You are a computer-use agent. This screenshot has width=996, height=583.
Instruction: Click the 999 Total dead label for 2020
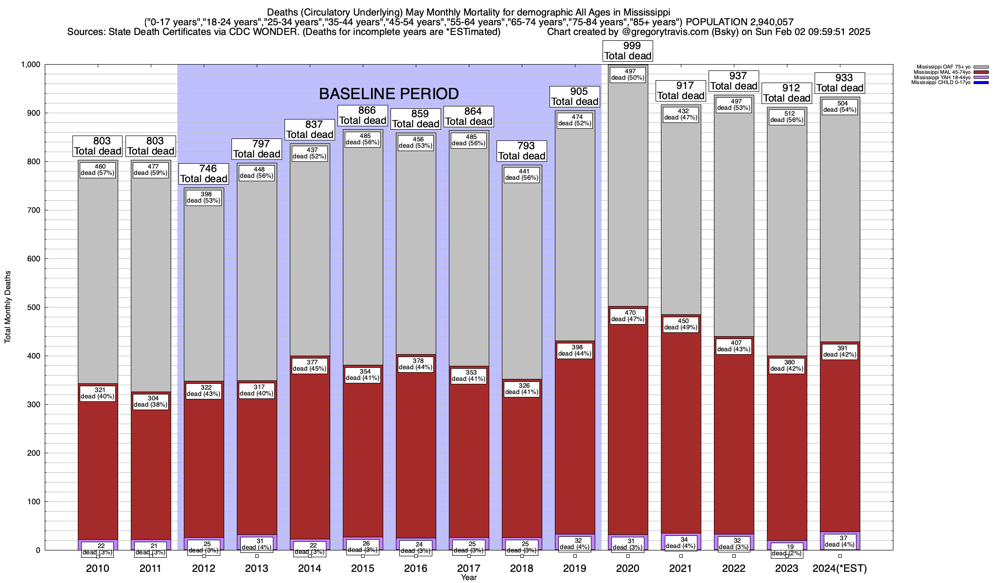[627, 51]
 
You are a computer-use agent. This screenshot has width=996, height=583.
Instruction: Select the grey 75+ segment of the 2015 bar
[363, 253]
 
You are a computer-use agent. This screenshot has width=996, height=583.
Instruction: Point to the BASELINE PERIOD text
[389, 94]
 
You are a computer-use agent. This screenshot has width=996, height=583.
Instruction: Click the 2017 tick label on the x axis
[469, 568]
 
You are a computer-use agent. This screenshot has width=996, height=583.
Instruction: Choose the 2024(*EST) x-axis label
[840, 568]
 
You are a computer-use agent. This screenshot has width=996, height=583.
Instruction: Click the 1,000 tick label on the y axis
[31, 65]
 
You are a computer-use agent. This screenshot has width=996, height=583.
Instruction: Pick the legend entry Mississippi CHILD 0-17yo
[942, 83]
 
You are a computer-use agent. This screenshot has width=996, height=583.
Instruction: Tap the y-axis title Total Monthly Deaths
[8, 307]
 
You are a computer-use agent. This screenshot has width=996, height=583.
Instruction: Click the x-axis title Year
[469, 578]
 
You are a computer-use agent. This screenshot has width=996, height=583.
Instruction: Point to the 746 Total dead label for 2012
[204, 174]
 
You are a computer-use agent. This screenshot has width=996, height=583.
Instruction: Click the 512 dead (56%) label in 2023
[787, 117]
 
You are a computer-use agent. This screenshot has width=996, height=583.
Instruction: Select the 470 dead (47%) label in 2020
[627, 316]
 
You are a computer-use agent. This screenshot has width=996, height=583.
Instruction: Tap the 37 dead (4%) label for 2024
[840, 541]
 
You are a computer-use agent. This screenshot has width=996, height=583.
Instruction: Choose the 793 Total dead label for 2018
[522, 151]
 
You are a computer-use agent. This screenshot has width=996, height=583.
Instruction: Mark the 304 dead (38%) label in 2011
[151, 401]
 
